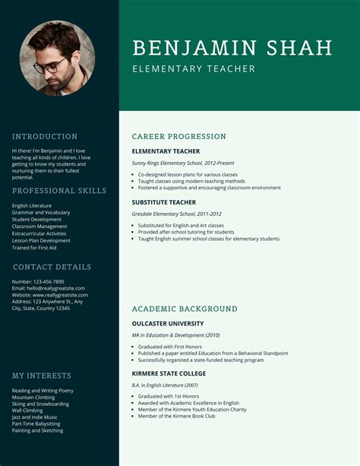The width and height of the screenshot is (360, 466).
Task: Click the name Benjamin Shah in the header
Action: tap(232, 48)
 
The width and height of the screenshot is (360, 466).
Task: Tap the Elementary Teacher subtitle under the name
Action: tap(193, 69)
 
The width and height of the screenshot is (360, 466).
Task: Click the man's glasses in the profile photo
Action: tap(52, 65)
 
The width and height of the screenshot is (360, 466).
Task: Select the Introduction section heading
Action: tap(45, 137)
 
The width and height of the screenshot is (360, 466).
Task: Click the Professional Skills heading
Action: tap(59, 191)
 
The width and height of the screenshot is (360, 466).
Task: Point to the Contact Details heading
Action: tap(52, 267)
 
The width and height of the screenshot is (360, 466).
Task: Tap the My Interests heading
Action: tap(42, 376)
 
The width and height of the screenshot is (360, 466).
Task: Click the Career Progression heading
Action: tap(178, 137)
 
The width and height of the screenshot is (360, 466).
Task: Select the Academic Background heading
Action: tap(185, 309)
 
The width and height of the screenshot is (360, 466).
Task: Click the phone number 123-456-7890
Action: tap(49, 282)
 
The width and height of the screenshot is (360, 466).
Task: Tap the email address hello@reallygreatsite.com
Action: tap(50, 289)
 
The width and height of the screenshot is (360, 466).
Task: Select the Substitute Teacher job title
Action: tap(163, 203)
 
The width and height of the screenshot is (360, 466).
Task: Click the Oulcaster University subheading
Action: tap(167, 323)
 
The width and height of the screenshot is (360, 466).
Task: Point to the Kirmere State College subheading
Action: tap(169, 374)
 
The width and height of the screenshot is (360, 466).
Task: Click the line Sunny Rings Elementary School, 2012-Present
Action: tap(182, 163)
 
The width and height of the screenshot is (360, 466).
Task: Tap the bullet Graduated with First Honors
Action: tap(173, 347)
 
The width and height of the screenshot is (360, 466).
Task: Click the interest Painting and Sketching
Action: tap(37, 431)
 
